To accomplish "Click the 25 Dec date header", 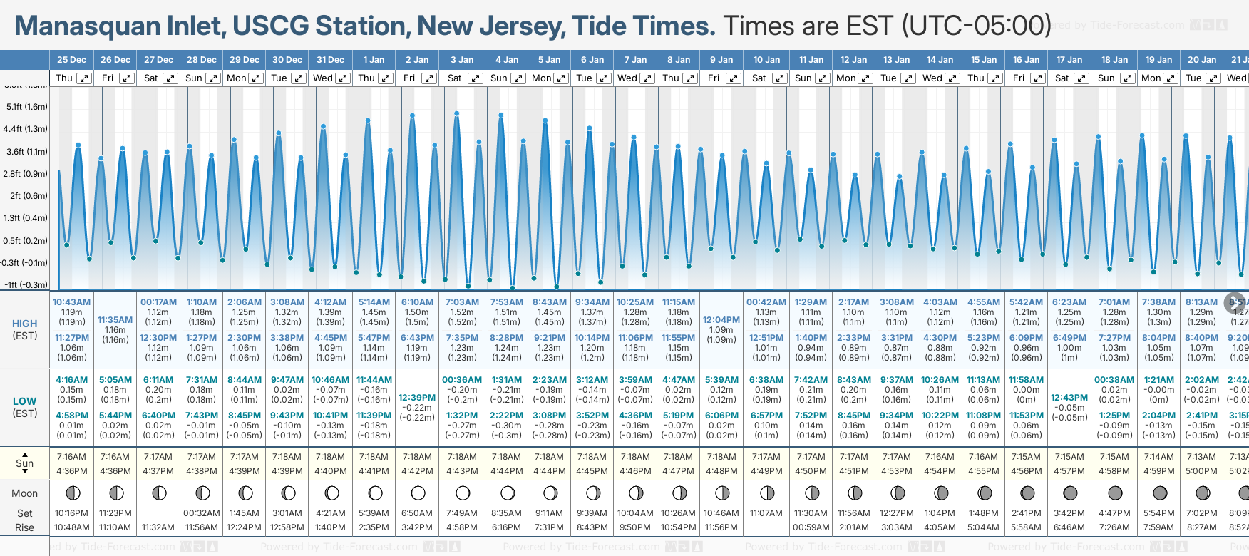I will pos(71,60).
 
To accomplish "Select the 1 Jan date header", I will pos(374,60).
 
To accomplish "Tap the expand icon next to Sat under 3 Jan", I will pos(475,78).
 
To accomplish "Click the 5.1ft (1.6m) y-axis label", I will pos(26,107).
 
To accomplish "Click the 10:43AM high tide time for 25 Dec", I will pos(71,302).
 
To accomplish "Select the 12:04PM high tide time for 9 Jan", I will pos(721,320).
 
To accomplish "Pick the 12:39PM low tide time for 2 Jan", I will pos(417,398).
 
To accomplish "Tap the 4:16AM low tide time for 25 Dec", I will pos(71,380).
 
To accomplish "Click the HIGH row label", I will pos(24,324).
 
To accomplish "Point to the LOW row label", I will pos(24,401).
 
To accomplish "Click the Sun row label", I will pos(24,463).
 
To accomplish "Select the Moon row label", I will pos(24,493).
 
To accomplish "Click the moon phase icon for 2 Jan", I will pos(418,493).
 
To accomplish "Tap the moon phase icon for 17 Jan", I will pos(1070,493).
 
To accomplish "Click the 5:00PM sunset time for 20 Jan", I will pos(1201,471).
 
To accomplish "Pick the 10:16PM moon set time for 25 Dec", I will pos(71,513).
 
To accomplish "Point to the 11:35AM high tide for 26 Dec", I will pos(115,320).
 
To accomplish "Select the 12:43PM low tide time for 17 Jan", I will pos(1069,398).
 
